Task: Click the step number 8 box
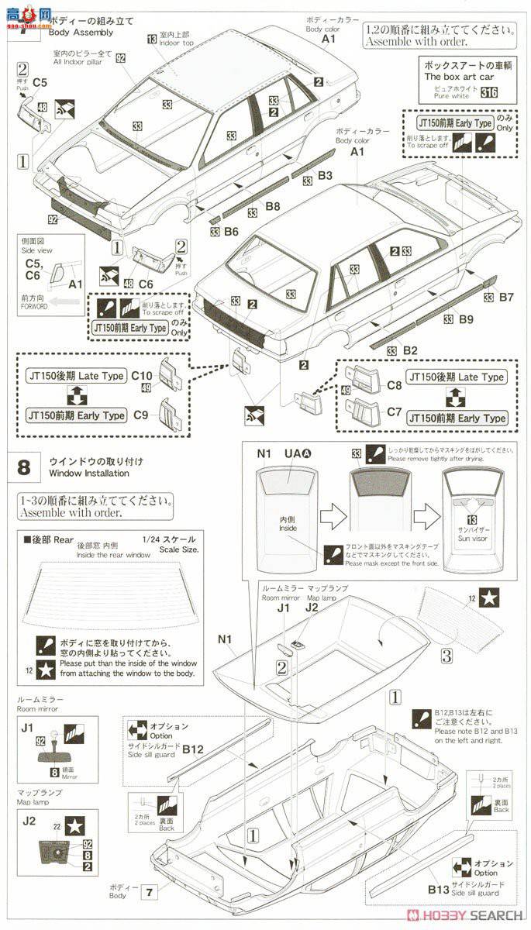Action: pos(24,467)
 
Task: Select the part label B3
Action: pos(325,177)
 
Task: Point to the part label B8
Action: pos(272,206)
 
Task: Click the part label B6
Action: pos(230,231)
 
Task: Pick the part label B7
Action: pos(506,297)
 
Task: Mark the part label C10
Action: pos(142,375)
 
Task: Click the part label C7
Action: pos(394,412)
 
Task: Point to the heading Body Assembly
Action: pos(81,33)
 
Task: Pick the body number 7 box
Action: pos(147,892)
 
